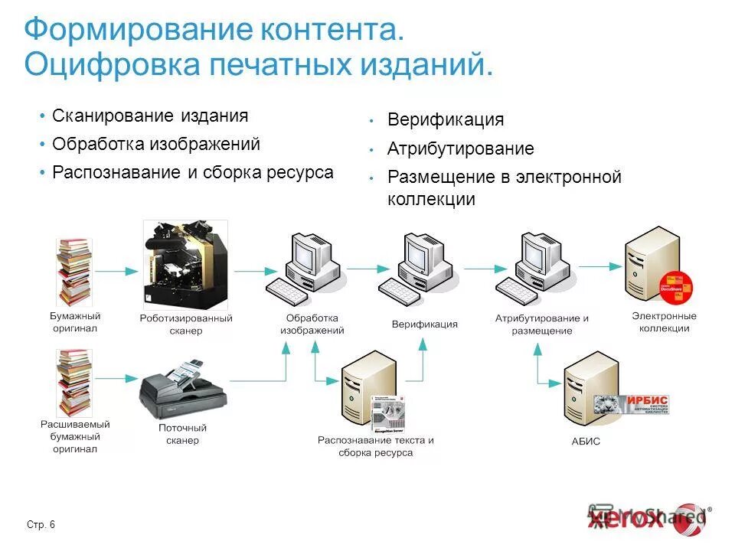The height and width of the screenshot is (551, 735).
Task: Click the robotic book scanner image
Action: (185, 264)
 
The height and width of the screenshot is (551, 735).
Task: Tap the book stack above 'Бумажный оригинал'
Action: (74, 272)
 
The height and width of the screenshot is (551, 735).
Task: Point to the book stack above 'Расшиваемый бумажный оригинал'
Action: (74, 383)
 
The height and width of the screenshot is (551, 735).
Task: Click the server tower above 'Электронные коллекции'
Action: (653, 264)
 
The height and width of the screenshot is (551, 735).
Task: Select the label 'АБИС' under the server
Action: (586, 442)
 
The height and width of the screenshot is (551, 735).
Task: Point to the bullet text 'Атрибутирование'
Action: (460, 148)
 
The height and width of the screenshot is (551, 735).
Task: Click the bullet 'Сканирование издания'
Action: (150, 116)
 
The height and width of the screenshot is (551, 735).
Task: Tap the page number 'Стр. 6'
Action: (41, 524)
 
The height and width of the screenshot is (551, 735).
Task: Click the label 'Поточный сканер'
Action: (182, 434)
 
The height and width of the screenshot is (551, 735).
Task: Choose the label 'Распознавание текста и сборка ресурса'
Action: (375, 446)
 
